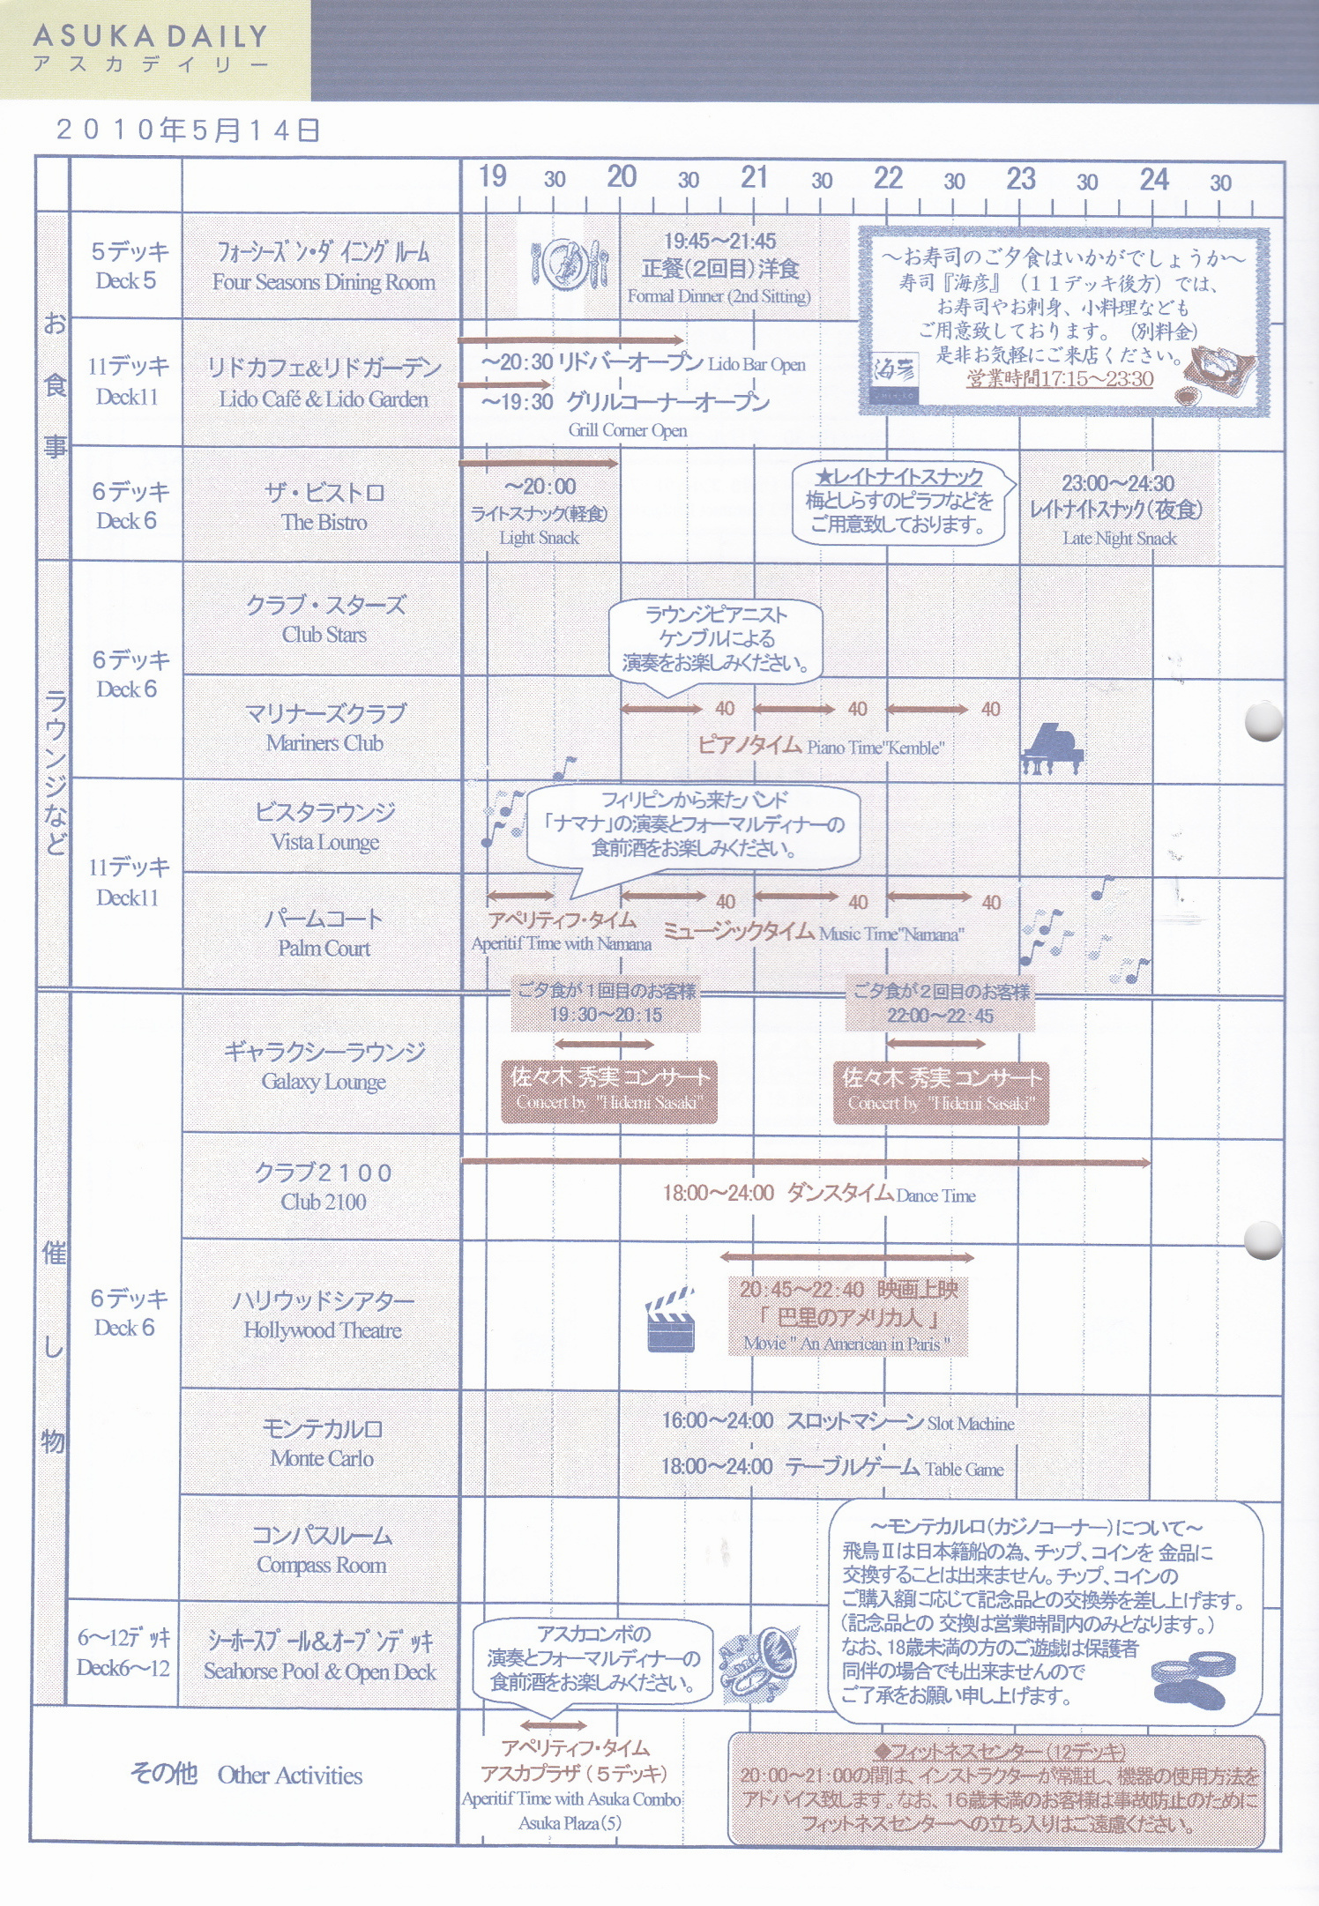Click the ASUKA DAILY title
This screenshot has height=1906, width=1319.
coord(150,37)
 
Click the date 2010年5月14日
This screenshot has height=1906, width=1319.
coord(187,130)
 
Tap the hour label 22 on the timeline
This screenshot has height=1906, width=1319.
coord(888,178)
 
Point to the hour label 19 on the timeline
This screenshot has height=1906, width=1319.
coord(492,176)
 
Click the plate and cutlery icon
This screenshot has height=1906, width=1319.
coord(569,264)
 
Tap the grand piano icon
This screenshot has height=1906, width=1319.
coord(1052,749)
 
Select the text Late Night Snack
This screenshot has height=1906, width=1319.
coord(1119,538)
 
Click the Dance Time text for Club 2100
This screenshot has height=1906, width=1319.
coord(935,1195)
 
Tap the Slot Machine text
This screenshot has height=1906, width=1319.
coord(970,1423)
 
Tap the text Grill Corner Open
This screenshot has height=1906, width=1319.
coord(627,430)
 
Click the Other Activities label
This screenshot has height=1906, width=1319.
coord(290,1775)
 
